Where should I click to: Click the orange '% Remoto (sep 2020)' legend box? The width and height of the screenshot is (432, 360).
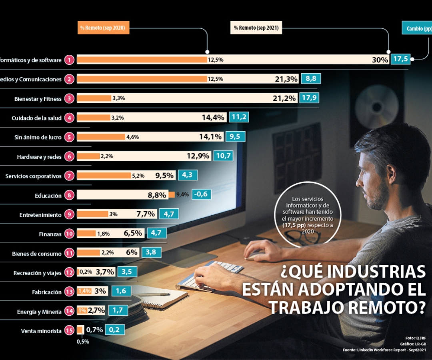103,28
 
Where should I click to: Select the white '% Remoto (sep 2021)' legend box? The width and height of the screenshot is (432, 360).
256,28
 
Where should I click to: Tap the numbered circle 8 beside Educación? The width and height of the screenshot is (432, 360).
70,195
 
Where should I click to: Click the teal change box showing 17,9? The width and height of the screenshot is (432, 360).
310,98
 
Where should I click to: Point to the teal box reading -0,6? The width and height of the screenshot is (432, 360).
201,194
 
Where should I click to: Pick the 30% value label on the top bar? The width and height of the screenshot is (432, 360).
380,60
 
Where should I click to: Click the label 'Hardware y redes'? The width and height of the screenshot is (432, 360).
39,157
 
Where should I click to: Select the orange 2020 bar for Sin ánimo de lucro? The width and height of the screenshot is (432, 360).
101,137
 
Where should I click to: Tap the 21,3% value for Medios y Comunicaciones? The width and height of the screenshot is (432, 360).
286,79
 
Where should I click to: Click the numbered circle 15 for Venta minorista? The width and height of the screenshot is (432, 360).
70,331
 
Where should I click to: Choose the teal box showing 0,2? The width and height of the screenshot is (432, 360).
114,330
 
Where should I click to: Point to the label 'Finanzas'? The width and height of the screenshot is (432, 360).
50,234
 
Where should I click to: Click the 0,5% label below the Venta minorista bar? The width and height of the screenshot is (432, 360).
83,342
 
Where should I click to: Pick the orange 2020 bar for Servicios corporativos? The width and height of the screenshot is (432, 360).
104,176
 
